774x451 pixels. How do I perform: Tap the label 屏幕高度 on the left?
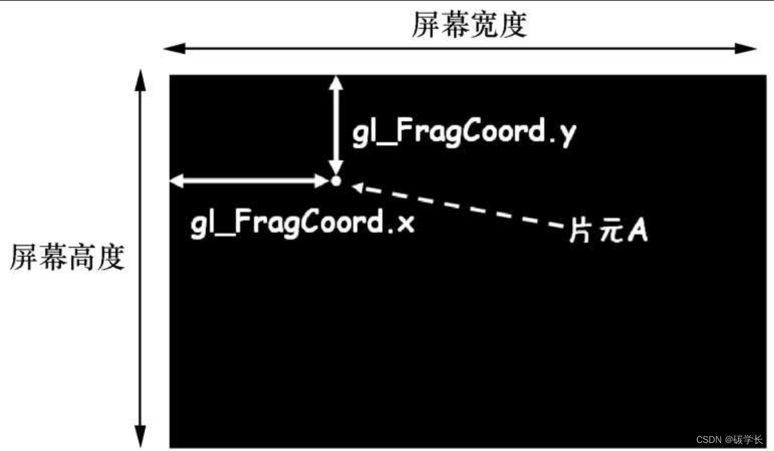coord(67,257)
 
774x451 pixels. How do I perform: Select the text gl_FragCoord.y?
coord(464,132)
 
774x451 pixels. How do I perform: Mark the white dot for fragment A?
coord(336,181)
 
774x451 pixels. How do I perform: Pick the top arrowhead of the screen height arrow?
coord(140,76)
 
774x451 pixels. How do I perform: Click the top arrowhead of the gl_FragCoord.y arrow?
coord(336,81)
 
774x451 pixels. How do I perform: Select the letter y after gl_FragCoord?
coord(567,134)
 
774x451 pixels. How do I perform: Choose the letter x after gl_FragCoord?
coord(406,223)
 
